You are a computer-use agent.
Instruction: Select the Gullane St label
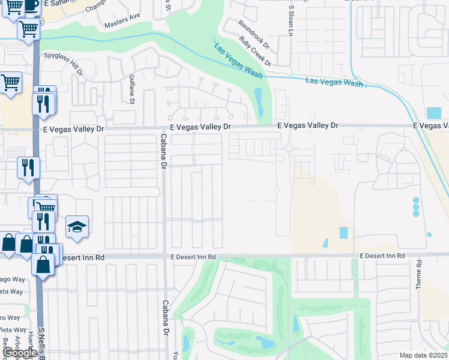[x=132, y=89]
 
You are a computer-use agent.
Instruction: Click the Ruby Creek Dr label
[x=255, y=52]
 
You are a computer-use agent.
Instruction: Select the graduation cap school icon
[x=77, y=227]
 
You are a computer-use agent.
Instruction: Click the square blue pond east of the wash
[x=433, y=113]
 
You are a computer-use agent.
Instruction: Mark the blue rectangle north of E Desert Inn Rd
[x=343, y=233]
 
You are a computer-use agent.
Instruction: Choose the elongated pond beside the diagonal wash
[x=259, y=102]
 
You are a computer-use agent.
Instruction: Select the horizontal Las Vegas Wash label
[x=334, y=82]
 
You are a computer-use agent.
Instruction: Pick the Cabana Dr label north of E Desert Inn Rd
[x=163, y=149]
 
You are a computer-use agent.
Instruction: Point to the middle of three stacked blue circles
[x=416, y=207]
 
